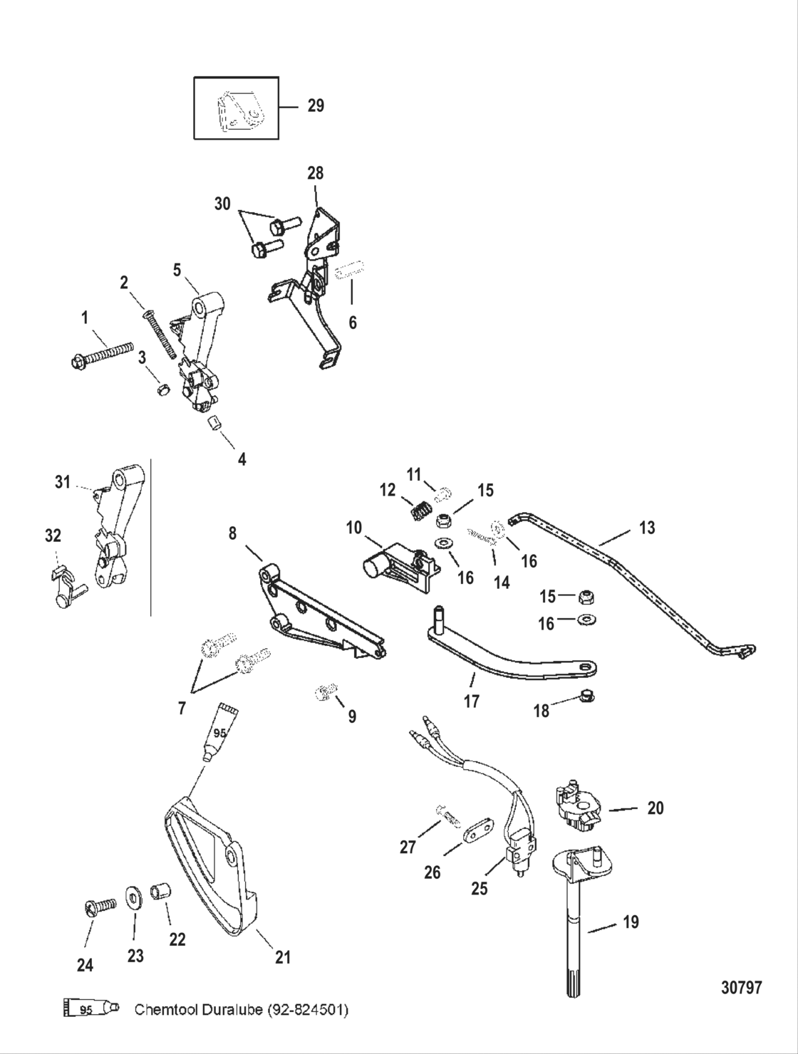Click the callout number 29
coord(316,106)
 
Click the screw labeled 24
coord(100,908)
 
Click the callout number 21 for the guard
coord(283,958)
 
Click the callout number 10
coord(354,528)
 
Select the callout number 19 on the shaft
coord(631,922)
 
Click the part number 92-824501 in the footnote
coord(307,1010)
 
